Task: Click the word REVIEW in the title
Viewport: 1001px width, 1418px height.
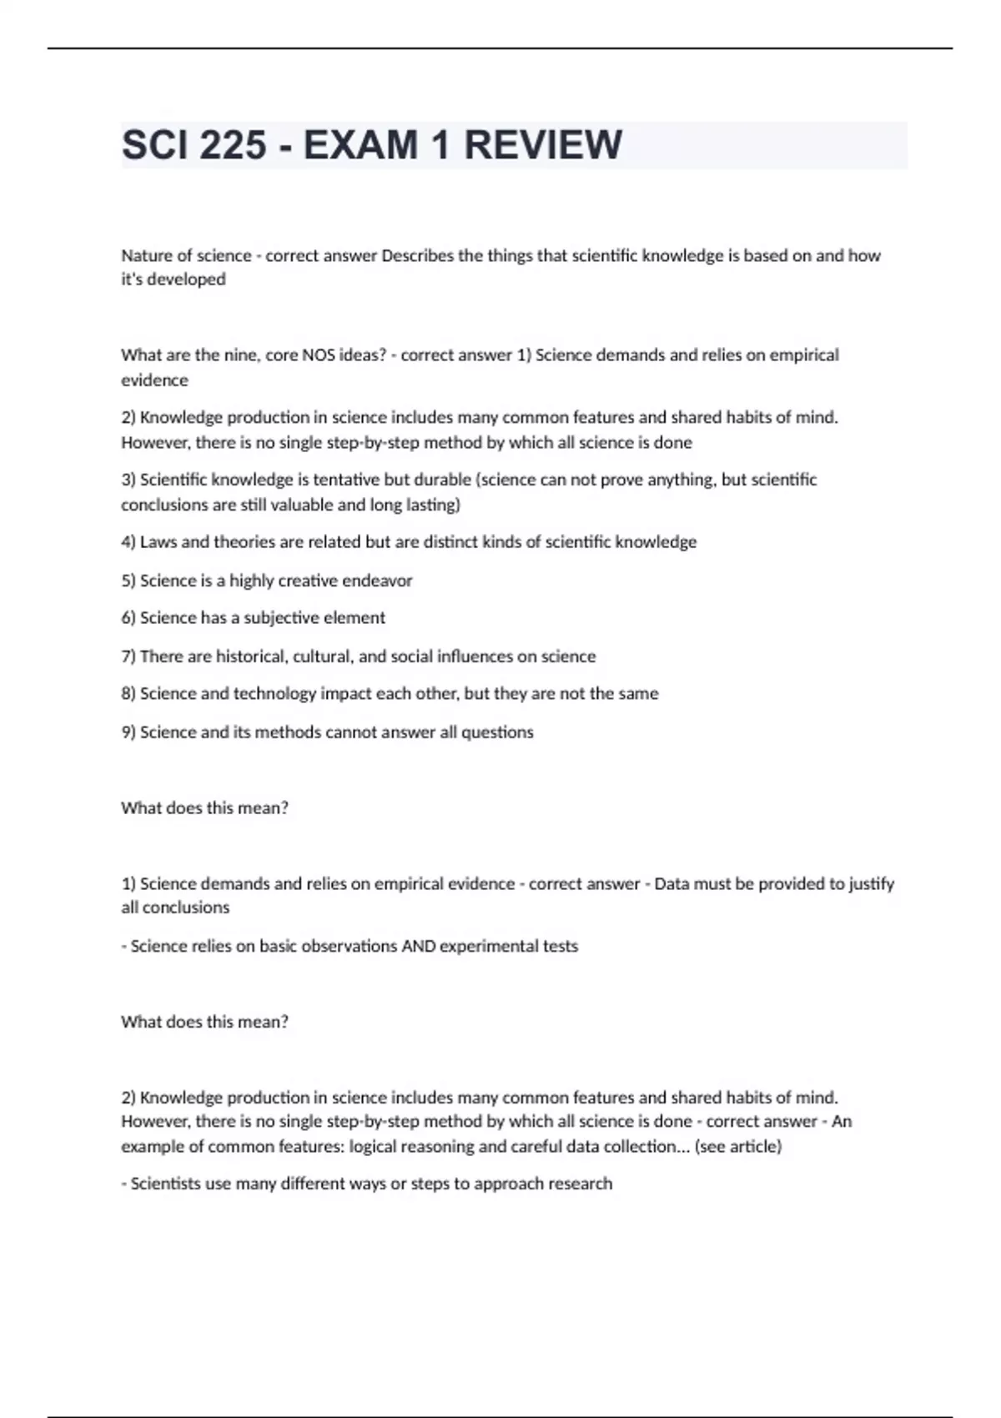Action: pos(542,145)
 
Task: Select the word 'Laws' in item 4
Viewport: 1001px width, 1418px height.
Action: pos(158,542)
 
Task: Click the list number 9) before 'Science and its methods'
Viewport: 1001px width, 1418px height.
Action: pos(128,732)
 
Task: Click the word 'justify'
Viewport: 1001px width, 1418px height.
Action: pos(871,883)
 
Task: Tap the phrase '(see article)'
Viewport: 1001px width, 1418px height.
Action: pos(737,1146)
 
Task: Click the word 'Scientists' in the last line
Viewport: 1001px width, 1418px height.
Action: pos(166,1184)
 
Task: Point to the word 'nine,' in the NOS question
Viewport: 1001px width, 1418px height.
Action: pos(244,354)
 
